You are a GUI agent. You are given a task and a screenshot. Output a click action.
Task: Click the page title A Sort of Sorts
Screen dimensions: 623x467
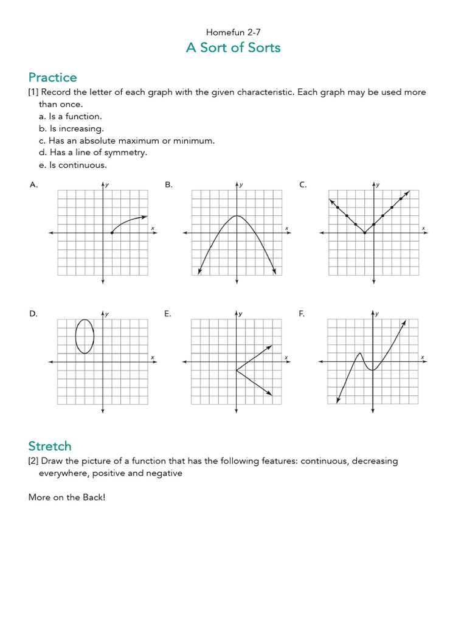[233, 47]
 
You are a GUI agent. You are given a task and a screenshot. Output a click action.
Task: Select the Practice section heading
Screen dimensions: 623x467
[53, 77]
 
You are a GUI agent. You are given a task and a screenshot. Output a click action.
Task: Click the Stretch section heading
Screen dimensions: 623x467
[50, 446]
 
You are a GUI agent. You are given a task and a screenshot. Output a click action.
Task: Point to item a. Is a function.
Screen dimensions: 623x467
[71, 116]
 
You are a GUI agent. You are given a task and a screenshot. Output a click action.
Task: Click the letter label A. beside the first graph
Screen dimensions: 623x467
[34, 185]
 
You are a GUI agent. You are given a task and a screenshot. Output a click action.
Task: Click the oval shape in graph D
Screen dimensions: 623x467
[85, 336]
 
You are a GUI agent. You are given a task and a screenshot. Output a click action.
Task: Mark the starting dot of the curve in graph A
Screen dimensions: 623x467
[112, 233]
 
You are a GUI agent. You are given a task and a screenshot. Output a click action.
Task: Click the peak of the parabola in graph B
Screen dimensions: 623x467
[237, 216]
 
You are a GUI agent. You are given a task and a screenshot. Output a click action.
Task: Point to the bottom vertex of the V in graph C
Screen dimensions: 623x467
[364, 233]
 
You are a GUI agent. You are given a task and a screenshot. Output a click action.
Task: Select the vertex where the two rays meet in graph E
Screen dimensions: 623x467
[237, 371]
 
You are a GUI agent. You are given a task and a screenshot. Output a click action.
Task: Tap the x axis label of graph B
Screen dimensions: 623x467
[286, 228]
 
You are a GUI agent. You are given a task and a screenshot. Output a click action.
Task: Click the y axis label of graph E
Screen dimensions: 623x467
[241, 314]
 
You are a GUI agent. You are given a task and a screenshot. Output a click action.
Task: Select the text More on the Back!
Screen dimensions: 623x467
[67, 497]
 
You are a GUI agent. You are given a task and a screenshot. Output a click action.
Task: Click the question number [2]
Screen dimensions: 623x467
[33, 461]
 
